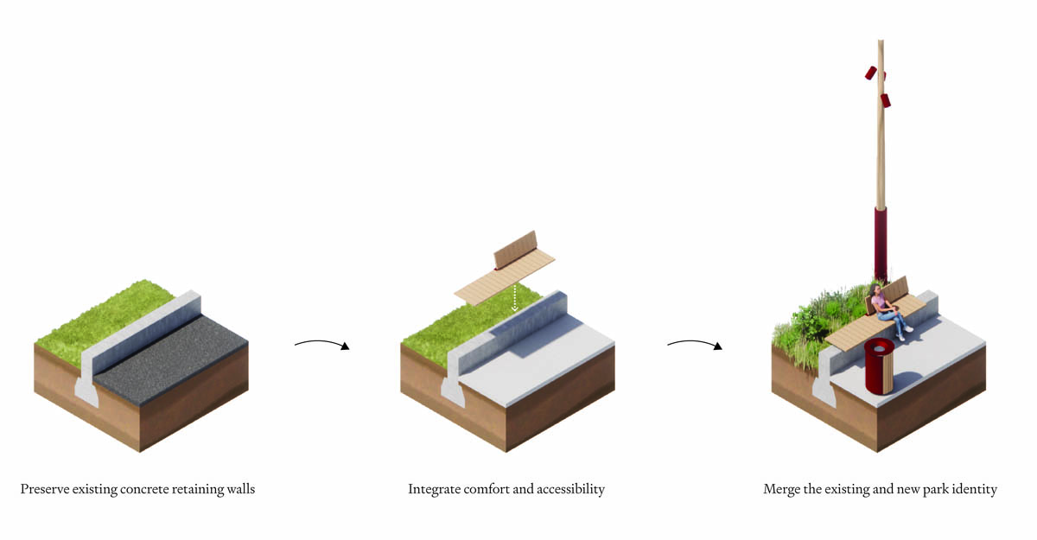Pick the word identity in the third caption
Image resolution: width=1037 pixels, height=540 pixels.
tap(975, 490)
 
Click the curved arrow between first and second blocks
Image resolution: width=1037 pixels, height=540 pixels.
tap(321, 344)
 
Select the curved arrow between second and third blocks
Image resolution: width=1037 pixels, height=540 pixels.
tap(694, 344)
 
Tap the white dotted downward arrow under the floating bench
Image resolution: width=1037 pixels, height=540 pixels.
tap(514, 296)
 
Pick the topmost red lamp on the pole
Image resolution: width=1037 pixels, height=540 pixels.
tap(871, 73)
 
